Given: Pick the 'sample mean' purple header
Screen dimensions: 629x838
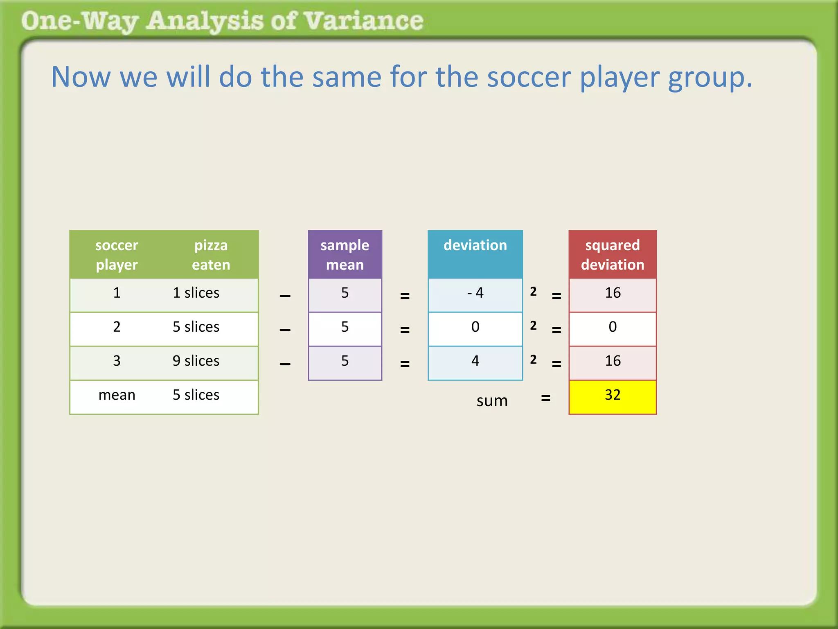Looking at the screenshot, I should click(345, 255).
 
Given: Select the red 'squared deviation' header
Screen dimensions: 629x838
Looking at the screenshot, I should click(613, 255).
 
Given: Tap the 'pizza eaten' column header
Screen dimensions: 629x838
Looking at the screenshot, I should click(211, 255).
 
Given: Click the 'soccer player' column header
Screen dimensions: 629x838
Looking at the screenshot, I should click(117, 255).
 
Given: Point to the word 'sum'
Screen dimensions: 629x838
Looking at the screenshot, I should click(492, 401).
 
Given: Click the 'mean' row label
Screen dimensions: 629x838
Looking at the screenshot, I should click(117, 395).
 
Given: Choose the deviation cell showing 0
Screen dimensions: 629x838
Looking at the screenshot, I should click(475, 327).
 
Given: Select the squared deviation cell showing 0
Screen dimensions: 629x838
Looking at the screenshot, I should click(613, 327).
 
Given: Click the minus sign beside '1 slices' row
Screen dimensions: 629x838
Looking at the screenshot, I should click(285, 296).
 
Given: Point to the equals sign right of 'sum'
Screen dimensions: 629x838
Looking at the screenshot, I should click(545, 398).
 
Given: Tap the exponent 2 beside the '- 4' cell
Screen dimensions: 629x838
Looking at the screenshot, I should click(533, 292).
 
